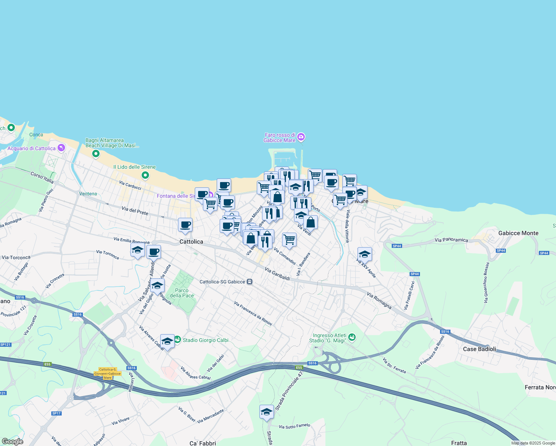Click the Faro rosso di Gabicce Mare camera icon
coord(301,137)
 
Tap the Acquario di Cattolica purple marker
coord(61,148)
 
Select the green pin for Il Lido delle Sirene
coord(145,175)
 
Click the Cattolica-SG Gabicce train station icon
coord(250,282)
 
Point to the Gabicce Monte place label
coord(518,233)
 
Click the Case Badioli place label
coord(479,349)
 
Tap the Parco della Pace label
coord(182,293)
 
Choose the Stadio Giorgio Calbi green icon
coord(178,340)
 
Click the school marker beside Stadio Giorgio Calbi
coord(167,341)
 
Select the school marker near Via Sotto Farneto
coord(266,412)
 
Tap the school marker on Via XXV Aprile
coord(365,254)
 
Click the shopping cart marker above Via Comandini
coord(289,240)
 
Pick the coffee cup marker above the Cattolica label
coord(185,225)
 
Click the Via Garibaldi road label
coord(277,274)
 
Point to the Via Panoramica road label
coord(451,240)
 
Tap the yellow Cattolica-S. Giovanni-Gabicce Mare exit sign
coord(107,374)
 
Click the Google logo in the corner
coord(12,442)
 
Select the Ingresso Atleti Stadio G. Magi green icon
coord(352,337)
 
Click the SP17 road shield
coord(56,413)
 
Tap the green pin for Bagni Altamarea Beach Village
coord(96,153)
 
